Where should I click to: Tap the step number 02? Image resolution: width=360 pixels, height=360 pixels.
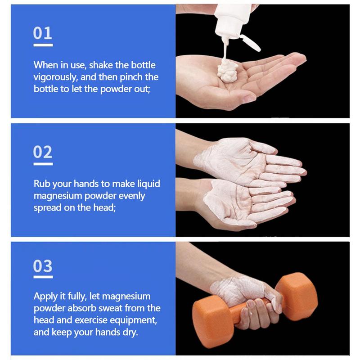(x=43, y=152)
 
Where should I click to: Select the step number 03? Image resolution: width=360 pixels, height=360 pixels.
(x=43, y=266)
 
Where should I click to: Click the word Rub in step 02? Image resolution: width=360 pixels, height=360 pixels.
(x=42, y=184)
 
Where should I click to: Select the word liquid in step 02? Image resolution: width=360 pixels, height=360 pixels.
(x=148, y=184)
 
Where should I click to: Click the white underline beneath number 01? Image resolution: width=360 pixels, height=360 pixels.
(x=43, y=45)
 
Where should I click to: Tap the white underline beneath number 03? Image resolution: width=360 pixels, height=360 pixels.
(x=43, y=278)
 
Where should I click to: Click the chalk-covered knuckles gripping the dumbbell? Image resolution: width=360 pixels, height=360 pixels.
(x=252, y=288)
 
